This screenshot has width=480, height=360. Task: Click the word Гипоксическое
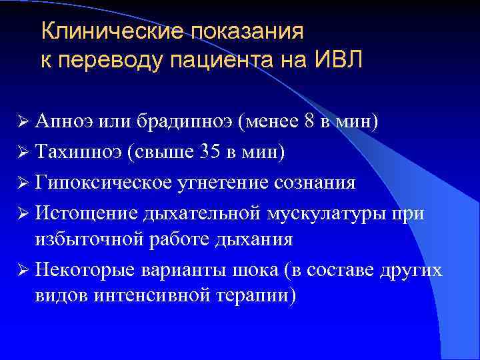pos(97,182)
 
